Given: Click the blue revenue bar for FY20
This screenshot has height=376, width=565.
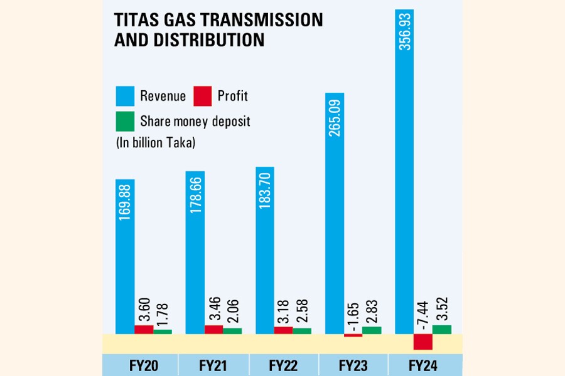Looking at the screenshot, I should point(124,257).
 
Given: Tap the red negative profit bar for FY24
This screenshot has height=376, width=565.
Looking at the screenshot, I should point(423,342).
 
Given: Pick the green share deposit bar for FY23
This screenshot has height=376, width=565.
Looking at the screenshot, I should point(372,330).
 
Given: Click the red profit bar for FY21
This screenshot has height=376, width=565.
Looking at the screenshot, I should point(213,330).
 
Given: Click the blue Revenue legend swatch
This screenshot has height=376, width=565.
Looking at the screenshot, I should point(124,96).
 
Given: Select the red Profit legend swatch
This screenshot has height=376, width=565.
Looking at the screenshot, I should point(202,96).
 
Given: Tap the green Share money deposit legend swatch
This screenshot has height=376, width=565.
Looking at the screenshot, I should point(124,120).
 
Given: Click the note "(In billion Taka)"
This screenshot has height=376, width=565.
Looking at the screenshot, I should point(155,143).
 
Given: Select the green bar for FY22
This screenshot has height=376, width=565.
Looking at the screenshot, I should point(302,330).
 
